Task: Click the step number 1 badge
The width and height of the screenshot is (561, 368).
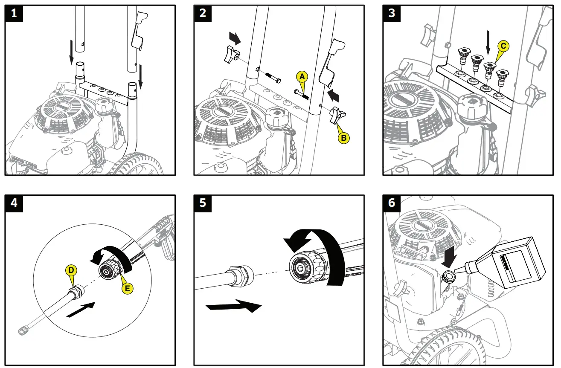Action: tap(15, 13)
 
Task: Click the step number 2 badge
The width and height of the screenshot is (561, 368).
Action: tap(203, 13)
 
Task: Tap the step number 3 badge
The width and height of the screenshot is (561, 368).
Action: tap(392, 13)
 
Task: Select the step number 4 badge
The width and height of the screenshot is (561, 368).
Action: tap(15, 203)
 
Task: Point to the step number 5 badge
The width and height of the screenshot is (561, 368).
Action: tap(203, 203)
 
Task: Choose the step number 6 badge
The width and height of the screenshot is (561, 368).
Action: tap(392, 203)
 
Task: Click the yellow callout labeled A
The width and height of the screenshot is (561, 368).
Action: tap(302, 77)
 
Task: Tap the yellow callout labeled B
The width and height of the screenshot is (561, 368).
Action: tap(344, 138)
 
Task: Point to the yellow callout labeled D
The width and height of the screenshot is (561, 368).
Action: tap(71, 270)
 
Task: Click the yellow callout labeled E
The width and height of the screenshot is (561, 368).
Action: tap(127, 289)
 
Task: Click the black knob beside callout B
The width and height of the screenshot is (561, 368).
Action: tap(337, 115)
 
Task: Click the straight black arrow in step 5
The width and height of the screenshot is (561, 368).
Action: tap(233, 306)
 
